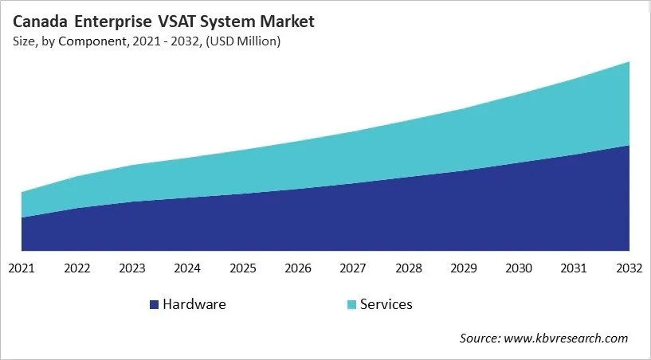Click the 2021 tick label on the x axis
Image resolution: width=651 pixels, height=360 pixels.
[x=22, y=268]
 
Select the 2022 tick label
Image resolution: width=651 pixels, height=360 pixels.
[x=76, y=268]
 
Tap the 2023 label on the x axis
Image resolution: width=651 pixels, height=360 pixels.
[x=132, y=268]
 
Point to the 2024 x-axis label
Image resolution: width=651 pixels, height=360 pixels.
[x=187, y=268]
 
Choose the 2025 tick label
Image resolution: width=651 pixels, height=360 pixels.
[x=243, y=268]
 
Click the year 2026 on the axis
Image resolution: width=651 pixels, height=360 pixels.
[x=298, y=268]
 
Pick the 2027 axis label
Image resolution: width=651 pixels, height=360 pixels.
[x=353, y=268]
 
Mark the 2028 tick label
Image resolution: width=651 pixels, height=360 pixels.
[x=409, y=268]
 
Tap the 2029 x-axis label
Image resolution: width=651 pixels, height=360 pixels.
[x=464, y=268]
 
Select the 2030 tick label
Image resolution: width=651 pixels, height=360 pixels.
[x=520, y=268]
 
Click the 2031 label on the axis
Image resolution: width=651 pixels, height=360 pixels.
[x=575, y=268]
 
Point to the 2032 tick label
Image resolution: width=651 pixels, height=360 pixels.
[x=629, y=268]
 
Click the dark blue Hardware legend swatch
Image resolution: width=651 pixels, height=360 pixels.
[x=154, y=304]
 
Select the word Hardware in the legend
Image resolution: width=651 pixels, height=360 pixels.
[x=194, y=304]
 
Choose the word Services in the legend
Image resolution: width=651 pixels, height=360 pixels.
[x=386, y=304]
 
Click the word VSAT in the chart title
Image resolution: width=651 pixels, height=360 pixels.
[x=185, y=22]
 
